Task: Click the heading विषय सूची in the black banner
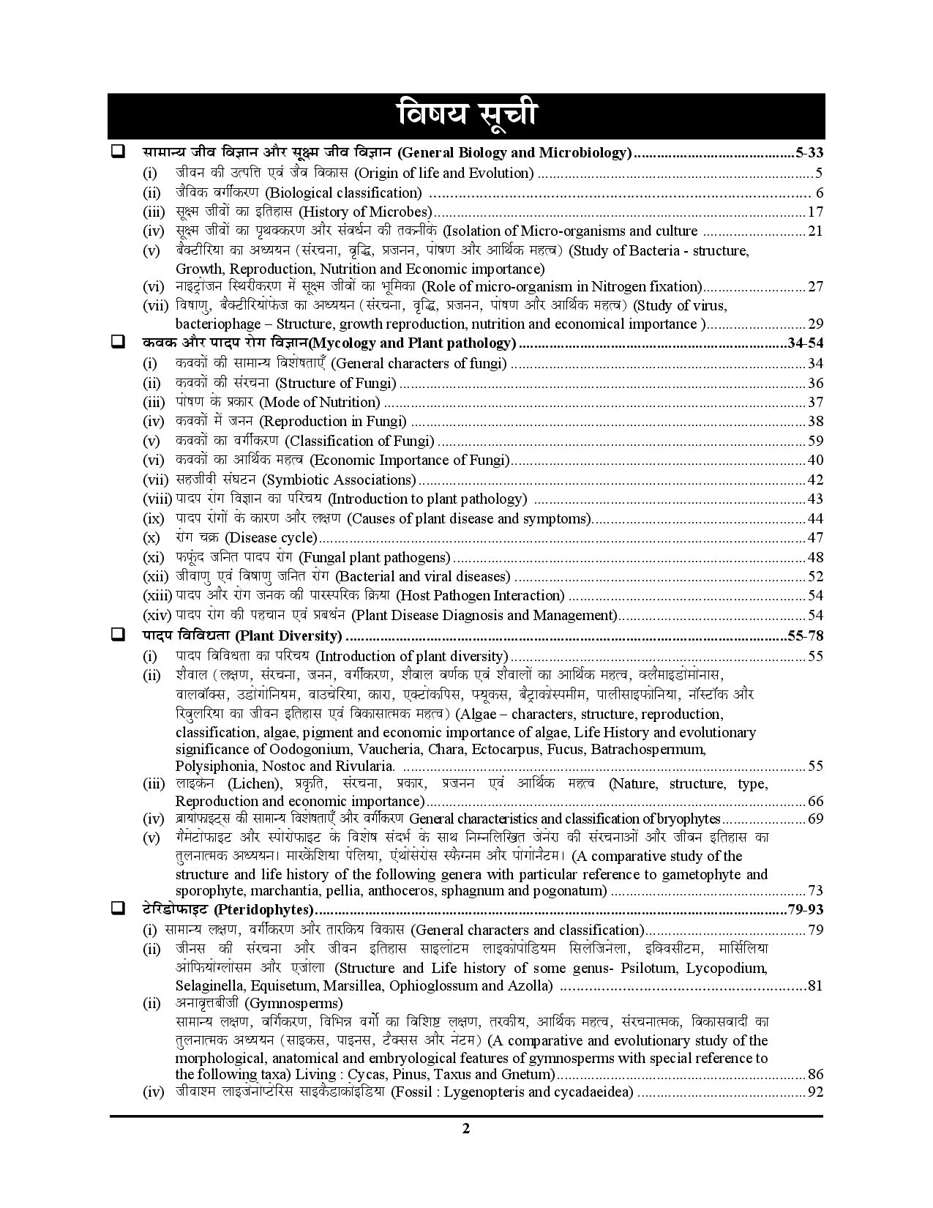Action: pyautogui.click(x=466, y=115)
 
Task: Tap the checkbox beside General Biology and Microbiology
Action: pyautogui.click(x=117, y=152)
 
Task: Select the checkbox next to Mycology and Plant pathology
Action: pyautogui.click(x=117, y=342)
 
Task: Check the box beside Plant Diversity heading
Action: pyautogui.click(x=117, y=635)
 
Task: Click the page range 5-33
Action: pyautogui.click(x=809, y=153)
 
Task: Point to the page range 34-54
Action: pyautogui.click(x=805, y=343)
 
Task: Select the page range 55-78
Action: pyautogui.click(x=805, y=635)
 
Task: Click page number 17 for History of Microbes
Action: pyautogui.click(x=815, y=212)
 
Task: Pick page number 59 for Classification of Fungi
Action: pyautogui.click(x=815, y=441)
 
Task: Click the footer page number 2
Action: pyautogui.click(x=466, y=1149)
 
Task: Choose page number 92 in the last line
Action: pyautogui.click(x=815, y=1093)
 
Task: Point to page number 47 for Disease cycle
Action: pyautogui.click(x=815, y=538)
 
